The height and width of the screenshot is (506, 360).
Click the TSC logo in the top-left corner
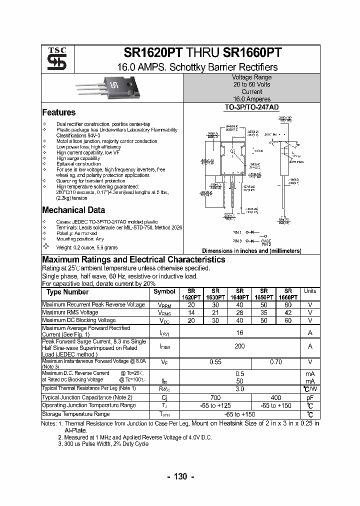click(53, 59)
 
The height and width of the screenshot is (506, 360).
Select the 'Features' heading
click(59, 112)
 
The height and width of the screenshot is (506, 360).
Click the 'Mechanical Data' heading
click(73, 210)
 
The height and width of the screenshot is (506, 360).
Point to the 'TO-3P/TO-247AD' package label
click(251, 107)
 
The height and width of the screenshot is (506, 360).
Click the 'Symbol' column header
click(164, 291)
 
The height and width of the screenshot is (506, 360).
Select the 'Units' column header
click(310, 291)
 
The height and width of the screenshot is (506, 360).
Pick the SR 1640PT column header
click(239, 294)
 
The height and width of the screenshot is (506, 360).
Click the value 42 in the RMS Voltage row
click(288, 312)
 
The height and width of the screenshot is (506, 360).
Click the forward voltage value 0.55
click(215, 362)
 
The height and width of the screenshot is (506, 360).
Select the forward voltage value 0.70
click(275, 362)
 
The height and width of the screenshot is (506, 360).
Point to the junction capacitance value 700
click(215, 397)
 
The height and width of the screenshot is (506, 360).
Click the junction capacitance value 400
click(275, 397)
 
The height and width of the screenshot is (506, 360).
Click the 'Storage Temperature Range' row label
click(76, 414)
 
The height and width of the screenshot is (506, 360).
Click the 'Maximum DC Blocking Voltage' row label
click(79, 320)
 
